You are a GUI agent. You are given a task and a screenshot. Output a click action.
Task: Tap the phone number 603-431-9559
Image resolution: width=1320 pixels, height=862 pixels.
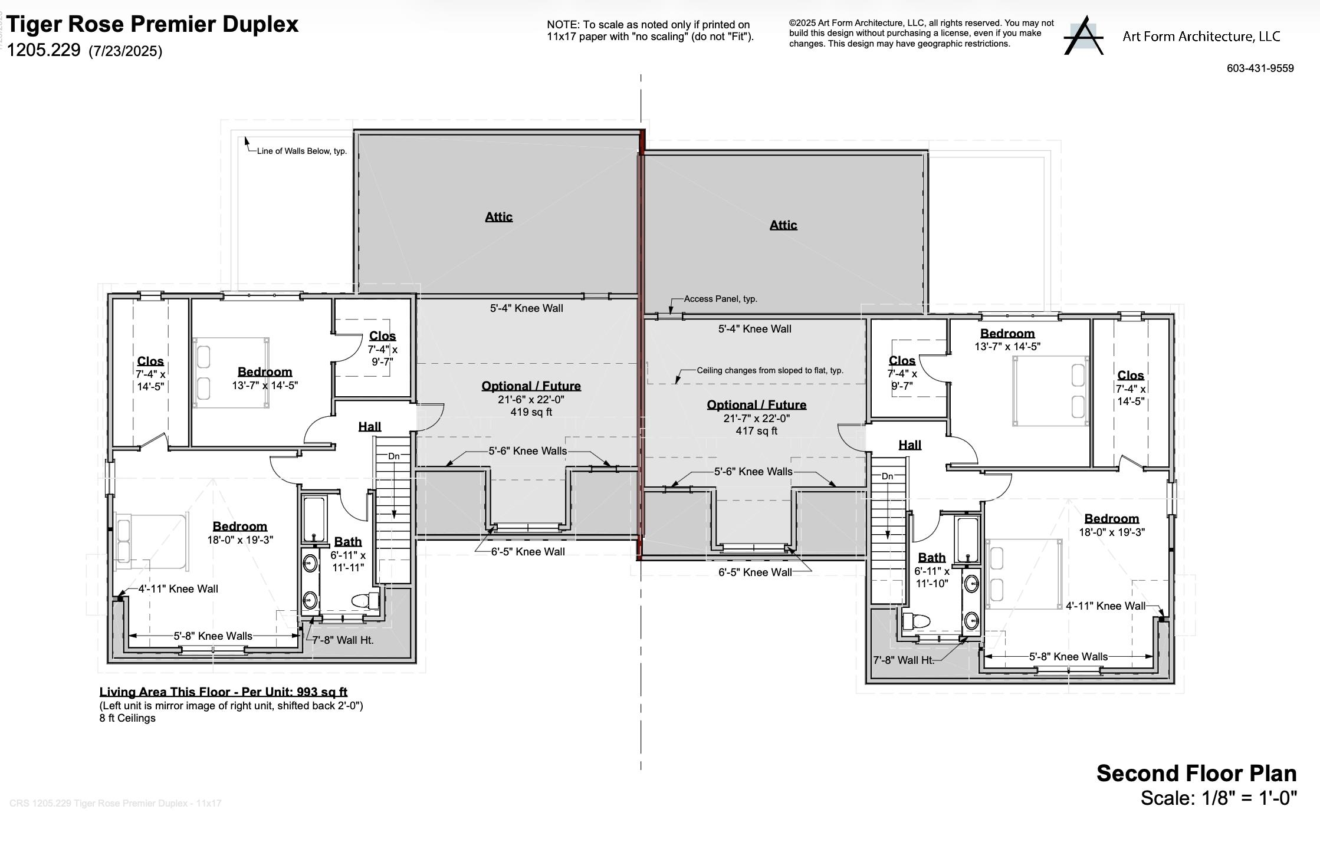click(1260, 68)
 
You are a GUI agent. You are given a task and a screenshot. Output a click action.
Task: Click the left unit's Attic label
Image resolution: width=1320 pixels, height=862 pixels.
click(498, 217)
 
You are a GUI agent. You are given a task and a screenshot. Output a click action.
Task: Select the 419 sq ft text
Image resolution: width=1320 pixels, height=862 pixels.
click(531, 412)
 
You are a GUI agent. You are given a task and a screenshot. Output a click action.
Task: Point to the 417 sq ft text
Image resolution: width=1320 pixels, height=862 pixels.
click(756, 431)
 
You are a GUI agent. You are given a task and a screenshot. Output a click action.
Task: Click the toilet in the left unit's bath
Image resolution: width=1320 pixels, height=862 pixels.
click(366, 601)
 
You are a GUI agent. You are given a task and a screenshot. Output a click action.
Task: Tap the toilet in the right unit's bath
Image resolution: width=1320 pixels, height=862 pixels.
click(916, 621)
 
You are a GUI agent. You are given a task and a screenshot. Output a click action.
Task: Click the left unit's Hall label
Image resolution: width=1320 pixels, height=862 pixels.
click(370, 426)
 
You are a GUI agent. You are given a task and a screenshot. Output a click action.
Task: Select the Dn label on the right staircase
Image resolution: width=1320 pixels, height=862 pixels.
click(887, 476)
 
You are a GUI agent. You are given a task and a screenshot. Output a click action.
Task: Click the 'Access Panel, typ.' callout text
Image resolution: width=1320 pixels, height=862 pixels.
click(720, 299)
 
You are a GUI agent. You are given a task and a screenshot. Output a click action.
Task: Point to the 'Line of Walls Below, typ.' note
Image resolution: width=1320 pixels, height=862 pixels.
click(301, 151)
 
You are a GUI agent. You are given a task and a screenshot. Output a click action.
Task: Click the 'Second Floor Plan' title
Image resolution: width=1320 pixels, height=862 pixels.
click(1196, 773)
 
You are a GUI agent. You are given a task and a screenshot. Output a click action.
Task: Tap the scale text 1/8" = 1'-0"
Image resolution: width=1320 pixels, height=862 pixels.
click(1219, 798)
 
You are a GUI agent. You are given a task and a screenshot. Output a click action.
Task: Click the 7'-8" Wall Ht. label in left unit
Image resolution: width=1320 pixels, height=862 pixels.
click(343, 640)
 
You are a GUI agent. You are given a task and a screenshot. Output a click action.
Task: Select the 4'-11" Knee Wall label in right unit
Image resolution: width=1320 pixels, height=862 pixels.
click(1105, 606)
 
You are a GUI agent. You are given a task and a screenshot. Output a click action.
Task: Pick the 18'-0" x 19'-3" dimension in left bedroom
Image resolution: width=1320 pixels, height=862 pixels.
click(240, 539)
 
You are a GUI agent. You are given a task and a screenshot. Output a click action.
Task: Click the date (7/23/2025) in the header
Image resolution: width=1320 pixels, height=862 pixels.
click(125, 51)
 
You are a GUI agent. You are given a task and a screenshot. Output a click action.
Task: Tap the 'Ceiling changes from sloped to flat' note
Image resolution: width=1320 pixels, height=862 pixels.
click(770, 370)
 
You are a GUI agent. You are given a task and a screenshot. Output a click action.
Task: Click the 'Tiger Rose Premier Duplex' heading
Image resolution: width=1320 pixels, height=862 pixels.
click(153, 24)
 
